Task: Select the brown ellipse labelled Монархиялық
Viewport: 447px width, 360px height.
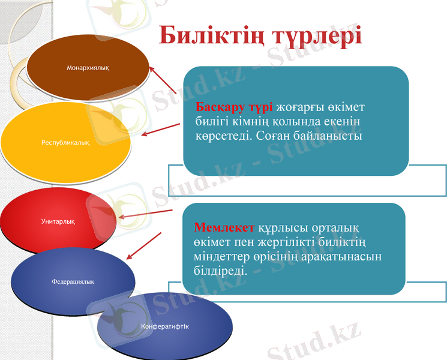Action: point(88,67)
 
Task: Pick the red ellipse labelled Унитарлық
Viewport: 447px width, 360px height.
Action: point(58,221)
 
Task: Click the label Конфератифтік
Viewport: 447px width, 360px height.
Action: point(164,326)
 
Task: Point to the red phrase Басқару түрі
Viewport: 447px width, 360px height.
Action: point(235,107)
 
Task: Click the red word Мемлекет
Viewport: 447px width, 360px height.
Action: point(224,228)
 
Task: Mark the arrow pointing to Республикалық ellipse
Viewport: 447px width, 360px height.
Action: point(160,130)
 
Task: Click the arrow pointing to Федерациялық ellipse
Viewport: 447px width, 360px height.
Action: point(144,246)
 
